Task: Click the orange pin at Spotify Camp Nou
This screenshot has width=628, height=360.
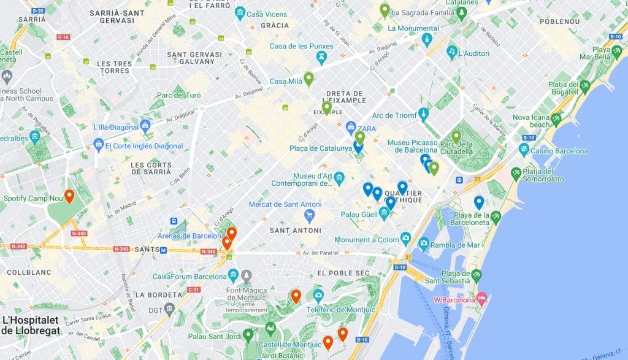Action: (69, 196)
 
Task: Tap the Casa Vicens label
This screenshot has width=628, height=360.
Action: (267, 13)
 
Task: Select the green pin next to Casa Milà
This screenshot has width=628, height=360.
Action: (308, 78)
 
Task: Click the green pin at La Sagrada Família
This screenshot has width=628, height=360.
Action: (385, 10)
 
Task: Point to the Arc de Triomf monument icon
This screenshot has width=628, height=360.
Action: (423, 114)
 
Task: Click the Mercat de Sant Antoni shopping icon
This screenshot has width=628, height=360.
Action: (309, 215)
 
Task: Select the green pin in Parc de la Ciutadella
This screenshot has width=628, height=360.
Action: (456, 136)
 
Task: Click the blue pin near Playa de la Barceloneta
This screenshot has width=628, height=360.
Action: (479, 202)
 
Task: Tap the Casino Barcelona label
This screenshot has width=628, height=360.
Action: (559, 151)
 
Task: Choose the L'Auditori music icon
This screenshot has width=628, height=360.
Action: (452, 51)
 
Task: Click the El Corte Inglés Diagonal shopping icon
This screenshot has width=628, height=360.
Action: (98, 145)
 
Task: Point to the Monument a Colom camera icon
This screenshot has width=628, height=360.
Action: (405, 239)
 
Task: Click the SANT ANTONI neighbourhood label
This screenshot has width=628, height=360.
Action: (296, 231)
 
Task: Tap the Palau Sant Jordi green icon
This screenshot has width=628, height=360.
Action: (248, 335)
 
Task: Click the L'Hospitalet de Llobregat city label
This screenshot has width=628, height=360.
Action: (31, 325)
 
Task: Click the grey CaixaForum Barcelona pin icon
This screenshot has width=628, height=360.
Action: (247, 276)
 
